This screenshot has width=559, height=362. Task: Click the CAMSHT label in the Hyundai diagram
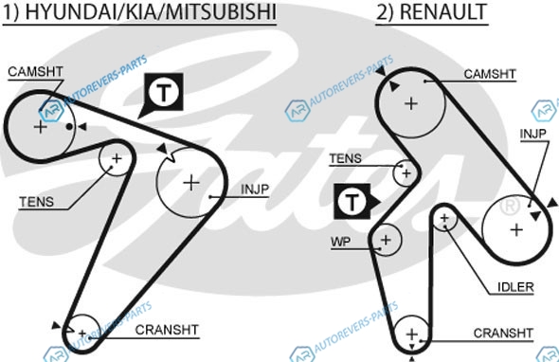[35, 72]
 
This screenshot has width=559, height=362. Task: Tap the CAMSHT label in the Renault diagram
[490, 74]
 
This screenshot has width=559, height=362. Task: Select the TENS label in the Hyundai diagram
[36, 202]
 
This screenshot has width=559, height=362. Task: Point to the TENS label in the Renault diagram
[345, 158]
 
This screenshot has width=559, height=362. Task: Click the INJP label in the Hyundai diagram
[255, 190]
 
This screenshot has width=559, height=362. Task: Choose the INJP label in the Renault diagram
[533, 135]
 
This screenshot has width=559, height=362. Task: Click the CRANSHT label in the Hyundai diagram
[167, 330]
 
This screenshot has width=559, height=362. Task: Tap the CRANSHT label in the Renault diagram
[503, 334]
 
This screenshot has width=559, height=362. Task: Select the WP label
[340, 242]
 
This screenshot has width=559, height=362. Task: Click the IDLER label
[515, 287]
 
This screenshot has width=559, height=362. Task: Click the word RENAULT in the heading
[443, 11]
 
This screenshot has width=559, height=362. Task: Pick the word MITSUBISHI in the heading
[221, 11]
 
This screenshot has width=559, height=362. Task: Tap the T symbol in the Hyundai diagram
[164, 92]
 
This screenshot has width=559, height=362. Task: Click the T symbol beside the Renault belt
[352, 202]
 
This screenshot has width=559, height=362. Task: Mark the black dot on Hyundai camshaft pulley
[69, 127]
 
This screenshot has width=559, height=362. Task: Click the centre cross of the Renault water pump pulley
[386, 240]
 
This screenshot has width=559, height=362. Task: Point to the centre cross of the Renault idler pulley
[444, 218]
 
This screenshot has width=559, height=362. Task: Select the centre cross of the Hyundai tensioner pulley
[117, 158]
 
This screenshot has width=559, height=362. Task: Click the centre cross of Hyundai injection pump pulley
[191, 183]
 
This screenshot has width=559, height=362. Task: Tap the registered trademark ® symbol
[510, 206]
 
